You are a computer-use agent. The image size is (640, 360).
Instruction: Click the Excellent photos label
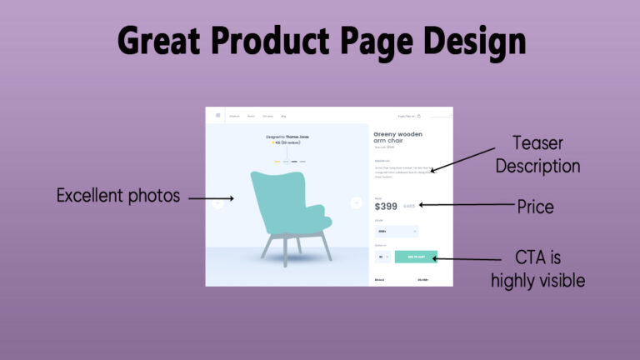(x=117, y=197)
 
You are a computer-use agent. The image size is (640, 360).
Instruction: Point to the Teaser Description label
(x=537, y=154)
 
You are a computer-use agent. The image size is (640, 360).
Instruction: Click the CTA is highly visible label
(x=537, y=269)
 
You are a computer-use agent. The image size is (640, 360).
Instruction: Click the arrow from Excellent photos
(x=212, y=198)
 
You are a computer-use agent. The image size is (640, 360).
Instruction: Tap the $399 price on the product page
(x=386, y=206)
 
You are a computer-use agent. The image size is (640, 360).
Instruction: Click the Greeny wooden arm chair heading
(x=397, y=137)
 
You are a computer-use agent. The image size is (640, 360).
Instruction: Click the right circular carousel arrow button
(x=356, y=202)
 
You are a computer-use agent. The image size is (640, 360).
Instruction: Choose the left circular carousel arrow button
(x=218, y=202)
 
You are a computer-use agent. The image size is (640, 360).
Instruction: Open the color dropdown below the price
(x=396, y=232)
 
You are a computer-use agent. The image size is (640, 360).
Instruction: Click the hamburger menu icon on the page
(x=218, y=116)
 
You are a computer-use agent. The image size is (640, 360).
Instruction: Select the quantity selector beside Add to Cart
(x=382, y=257)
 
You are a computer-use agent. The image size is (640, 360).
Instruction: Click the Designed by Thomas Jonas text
(x=287, y=135)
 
